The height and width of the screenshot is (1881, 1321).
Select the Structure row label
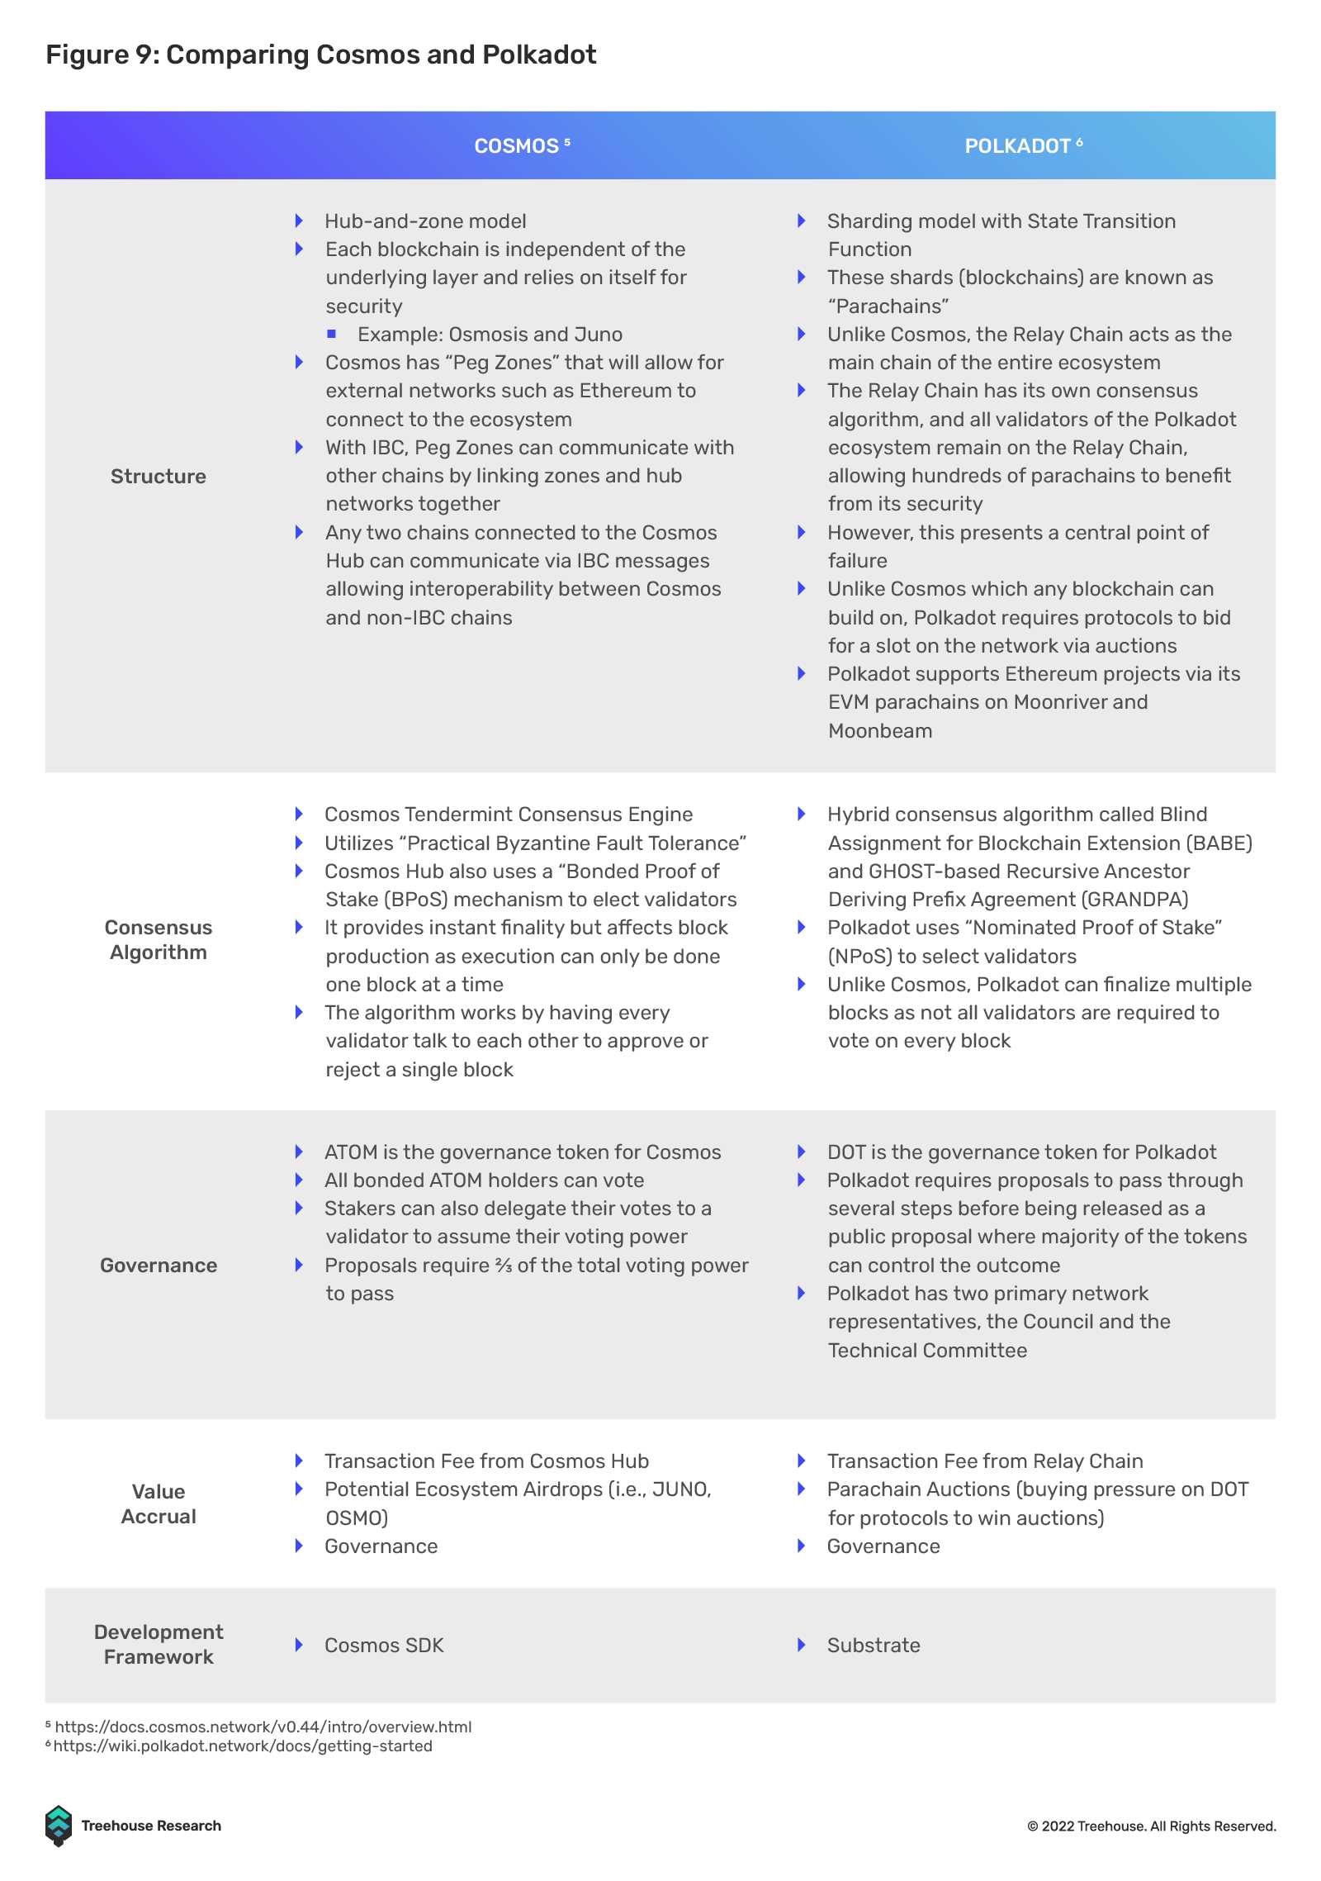pyautogui.click(x=159, y=477)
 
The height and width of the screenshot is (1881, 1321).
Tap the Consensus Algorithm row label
pyautogui.click(x=159, y=940)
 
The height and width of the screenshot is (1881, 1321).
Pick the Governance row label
pyautogui.click(x=159, y=1266)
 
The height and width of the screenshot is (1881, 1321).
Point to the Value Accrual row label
pyautogui.click(x=159, y=1504)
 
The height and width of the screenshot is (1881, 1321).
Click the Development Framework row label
pyautogui.click(x=159, y=1645)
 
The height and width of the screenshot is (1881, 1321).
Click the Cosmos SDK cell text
pyautogui.click(x=384, y=1646)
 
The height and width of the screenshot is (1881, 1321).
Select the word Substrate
pyautogui.click(x=874, y=1646)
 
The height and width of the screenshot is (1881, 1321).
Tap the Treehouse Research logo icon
pyautogui.click(x=59, y=1826)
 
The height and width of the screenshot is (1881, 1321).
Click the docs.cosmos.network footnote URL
pyautogui.click(x=263, y=1727)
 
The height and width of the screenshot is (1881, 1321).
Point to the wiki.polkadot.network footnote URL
pyautogui.click(x=243, y=1746)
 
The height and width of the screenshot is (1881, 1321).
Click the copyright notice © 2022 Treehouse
pyautogui.click(x=1152, y=1826)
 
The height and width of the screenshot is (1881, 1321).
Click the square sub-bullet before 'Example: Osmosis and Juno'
pyautogui.click(x=332, y=334)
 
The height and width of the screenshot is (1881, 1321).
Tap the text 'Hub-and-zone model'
pyautogui.click(x=425, y=221)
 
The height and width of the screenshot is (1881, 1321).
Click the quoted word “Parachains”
pyautogui.click(x=888, y=306)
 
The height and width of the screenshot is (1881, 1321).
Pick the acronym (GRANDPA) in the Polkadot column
pyautogui.click(x=1134, y=900)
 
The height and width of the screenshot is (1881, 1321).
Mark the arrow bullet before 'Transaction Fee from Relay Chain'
pyautogui.click(x=801, y=1461)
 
